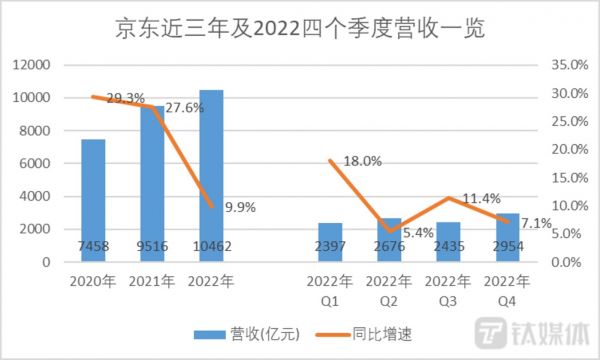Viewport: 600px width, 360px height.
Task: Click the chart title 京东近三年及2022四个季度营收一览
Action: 300,30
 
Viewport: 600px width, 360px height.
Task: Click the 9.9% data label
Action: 240,208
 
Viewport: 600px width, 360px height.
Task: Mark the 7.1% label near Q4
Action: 535,223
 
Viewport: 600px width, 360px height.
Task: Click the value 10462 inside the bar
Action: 211,246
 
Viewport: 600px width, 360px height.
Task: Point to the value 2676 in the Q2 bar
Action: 388,246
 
